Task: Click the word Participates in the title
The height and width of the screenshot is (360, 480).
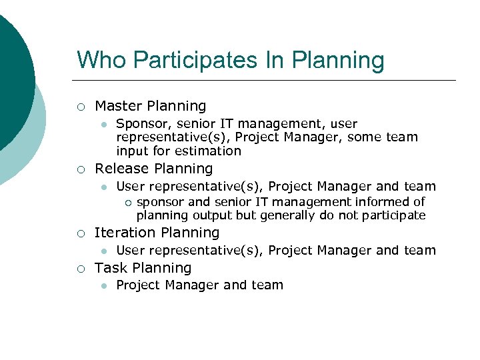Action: pyautogui.click(x=181, y=60)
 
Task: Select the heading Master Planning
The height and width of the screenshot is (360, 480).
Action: pyautogui.click(x=151, y=106)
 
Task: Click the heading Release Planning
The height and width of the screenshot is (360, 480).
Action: pyautogui.click(x=154, y=169)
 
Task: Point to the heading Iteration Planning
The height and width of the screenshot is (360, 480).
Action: pyautogui.click(x=157, y=233)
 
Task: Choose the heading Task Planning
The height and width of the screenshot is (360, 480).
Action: pyautogui.click(x=143, y=268)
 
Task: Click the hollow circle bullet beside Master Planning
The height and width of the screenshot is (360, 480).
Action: pyautogui.click(x=80, y=107)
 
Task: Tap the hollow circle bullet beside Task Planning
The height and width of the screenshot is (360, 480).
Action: pyautogui.click(x=80, y=269)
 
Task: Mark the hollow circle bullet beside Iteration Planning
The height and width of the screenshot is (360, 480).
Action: pyautogui.click(x=80, y=233)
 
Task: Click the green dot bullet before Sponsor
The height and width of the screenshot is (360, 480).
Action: pyautogui.click(x=103, y=125)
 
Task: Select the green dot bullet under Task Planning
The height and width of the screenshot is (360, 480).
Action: pyautogui.click(x=103, y=286)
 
